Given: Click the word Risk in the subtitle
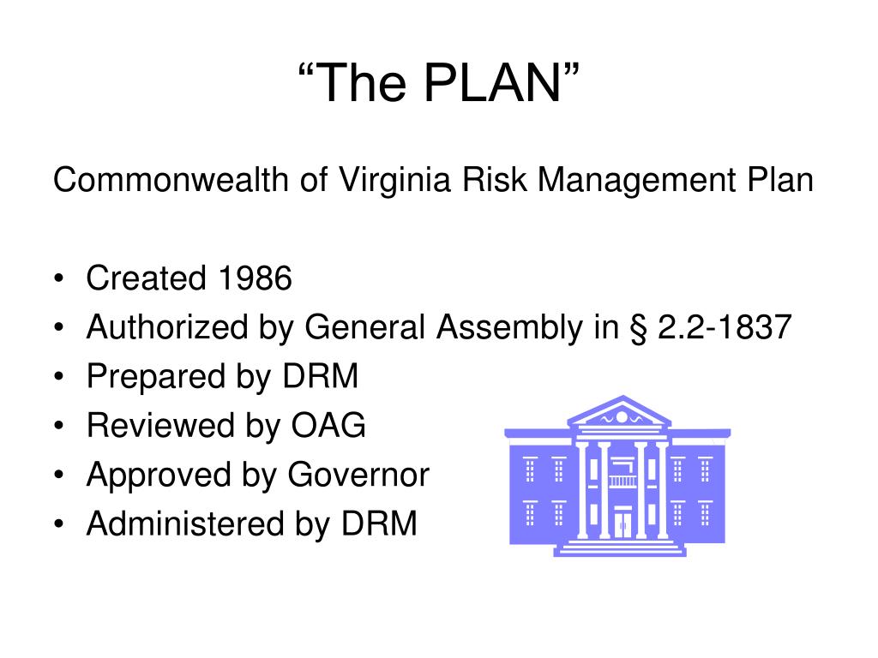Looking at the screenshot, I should (x=484, y=181).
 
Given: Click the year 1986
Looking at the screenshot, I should (x=255, y=278).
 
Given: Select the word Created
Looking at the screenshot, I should (x=147, y=278).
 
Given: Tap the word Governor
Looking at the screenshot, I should (x=358, y=474).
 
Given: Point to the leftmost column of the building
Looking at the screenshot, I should (x=583, y=489).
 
